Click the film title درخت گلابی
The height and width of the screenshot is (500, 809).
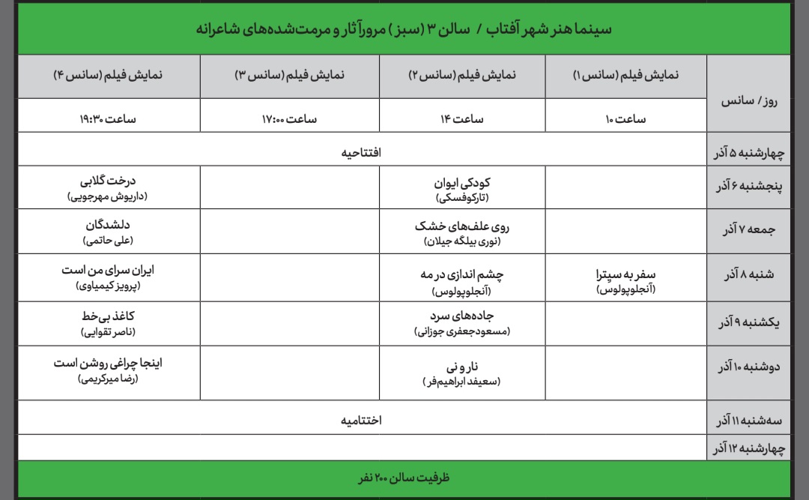pos(108,181)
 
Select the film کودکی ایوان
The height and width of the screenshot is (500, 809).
pos(462,182)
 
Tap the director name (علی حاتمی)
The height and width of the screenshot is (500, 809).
pos(108,241)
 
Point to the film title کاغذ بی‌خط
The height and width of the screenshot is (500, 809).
pos(108,316)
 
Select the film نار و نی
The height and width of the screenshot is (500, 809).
pos(462,367)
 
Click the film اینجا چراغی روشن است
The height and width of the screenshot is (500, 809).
pos(108,363)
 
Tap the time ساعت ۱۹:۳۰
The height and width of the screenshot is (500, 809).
pos(108,118)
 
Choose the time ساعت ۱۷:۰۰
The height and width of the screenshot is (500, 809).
pos(289,118)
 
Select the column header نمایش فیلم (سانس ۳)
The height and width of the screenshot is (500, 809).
pos(289,76)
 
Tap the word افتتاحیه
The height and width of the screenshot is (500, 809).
pos(362,153)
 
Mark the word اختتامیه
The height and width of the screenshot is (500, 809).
pos(362,420)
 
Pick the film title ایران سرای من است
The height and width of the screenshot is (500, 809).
pos(108,271)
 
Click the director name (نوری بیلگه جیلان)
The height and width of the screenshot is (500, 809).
pos(462,241)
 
